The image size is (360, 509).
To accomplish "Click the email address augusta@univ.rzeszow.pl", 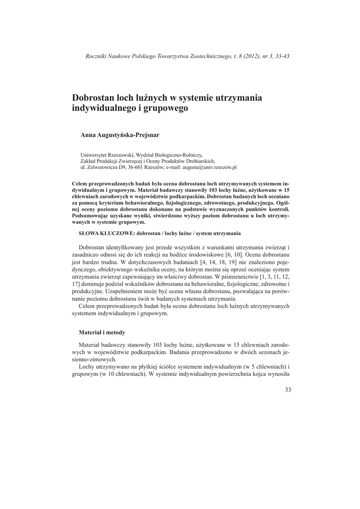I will [x=211, y=168].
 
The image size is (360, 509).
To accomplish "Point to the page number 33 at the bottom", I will [x=288, y=389].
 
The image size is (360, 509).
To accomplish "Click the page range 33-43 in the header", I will [x=282, y=56].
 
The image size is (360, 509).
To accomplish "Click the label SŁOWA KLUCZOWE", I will [x=106, y=233].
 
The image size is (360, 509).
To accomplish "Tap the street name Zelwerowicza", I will [x=102, y=168].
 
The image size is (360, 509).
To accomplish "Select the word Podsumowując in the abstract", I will [x=93, y=216].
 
